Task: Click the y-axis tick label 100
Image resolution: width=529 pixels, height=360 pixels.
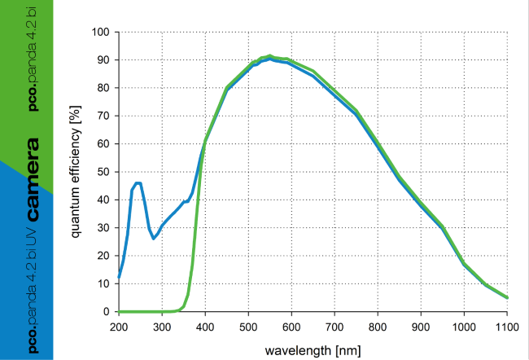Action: click(100, 33)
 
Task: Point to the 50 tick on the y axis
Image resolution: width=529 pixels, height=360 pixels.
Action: click(103, 172)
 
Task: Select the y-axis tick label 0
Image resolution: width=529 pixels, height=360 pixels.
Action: click(106, 312)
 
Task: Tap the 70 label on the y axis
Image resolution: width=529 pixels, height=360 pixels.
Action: click(103, 116)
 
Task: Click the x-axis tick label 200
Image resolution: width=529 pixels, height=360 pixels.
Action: click(119, 327)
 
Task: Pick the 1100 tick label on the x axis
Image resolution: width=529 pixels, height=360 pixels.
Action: click(507, 327)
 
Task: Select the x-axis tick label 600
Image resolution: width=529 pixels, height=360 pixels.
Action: click(291, 327)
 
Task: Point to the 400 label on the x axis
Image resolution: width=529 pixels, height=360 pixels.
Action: click(205, 327)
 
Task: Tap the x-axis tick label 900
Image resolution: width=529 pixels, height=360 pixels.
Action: click(421, 327)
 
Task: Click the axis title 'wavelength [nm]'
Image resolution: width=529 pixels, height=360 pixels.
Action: click(313, 349)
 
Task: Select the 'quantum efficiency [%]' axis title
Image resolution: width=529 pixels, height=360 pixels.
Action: click(77, 171)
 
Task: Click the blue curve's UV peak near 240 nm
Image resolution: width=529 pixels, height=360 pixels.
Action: click(138, 183)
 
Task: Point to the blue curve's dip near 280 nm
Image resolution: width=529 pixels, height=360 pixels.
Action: click(153, 238)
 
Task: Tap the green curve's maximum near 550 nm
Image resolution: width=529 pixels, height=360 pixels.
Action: click(269, 56)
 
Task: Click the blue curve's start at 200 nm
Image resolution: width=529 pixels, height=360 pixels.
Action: click(119, 278)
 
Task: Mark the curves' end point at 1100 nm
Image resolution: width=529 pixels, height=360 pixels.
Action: click(507, 297)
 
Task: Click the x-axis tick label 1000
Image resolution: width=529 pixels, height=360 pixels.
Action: click(464, 327)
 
